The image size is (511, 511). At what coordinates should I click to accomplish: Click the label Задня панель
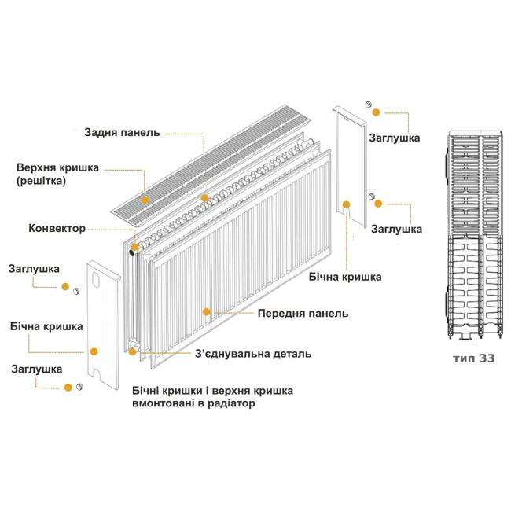[122, 132]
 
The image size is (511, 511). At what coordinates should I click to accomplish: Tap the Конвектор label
[57, 228]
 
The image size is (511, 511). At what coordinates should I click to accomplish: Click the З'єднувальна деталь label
[253, 354]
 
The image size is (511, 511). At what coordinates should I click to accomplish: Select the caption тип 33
[473, 358]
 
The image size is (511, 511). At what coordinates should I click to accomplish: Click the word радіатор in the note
[230, 403]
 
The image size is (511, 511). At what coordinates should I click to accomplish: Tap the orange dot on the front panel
[207, 312]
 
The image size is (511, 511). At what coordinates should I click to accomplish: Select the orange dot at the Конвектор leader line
[134, 247]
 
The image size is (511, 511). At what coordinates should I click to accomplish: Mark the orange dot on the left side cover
[94, 351]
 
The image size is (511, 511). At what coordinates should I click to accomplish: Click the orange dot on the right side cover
[347, 205]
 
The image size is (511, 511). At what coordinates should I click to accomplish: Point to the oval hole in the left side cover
[97, 281]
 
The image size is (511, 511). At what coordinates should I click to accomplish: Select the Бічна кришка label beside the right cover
[346, 277]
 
